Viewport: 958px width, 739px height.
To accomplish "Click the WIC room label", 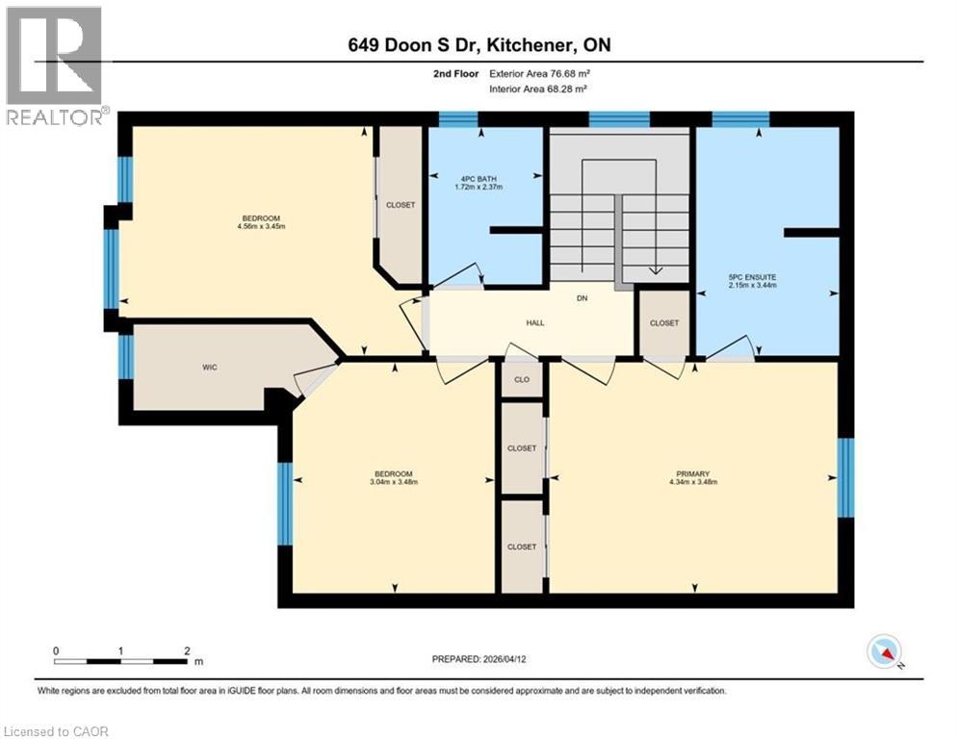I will click(x=211, y=368).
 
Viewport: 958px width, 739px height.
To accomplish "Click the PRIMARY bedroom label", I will click(x=692, y=473).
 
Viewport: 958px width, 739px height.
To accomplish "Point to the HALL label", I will click(x=535, y=323).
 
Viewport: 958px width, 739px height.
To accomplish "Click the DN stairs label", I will click(x=582, y=298).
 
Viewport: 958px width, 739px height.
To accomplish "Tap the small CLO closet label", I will click(x=522, y=379).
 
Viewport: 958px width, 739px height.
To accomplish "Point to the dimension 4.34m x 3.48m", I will click(x=692, y=483).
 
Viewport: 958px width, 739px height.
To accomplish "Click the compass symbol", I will click(x=884, y=651).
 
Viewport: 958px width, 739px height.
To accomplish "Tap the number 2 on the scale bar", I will click(x=187, y=650).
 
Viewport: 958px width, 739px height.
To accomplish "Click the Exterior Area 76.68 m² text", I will click(x=541, y=73).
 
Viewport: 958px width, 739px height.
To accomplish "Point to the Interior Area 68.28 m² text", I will click(x=539, y=89).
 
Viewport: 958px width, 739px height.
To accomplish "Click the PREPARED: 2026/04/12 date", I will click(x=479, y=659).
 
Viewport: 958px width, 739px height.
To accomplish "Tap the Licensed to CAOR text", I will click(x=56, y=731).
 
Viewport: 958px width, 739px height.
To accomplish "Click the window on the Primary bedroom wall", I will click(x=845, y=477).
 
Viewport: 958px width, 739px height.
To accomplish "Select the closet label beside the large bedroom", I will click(x=400, y=205).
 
